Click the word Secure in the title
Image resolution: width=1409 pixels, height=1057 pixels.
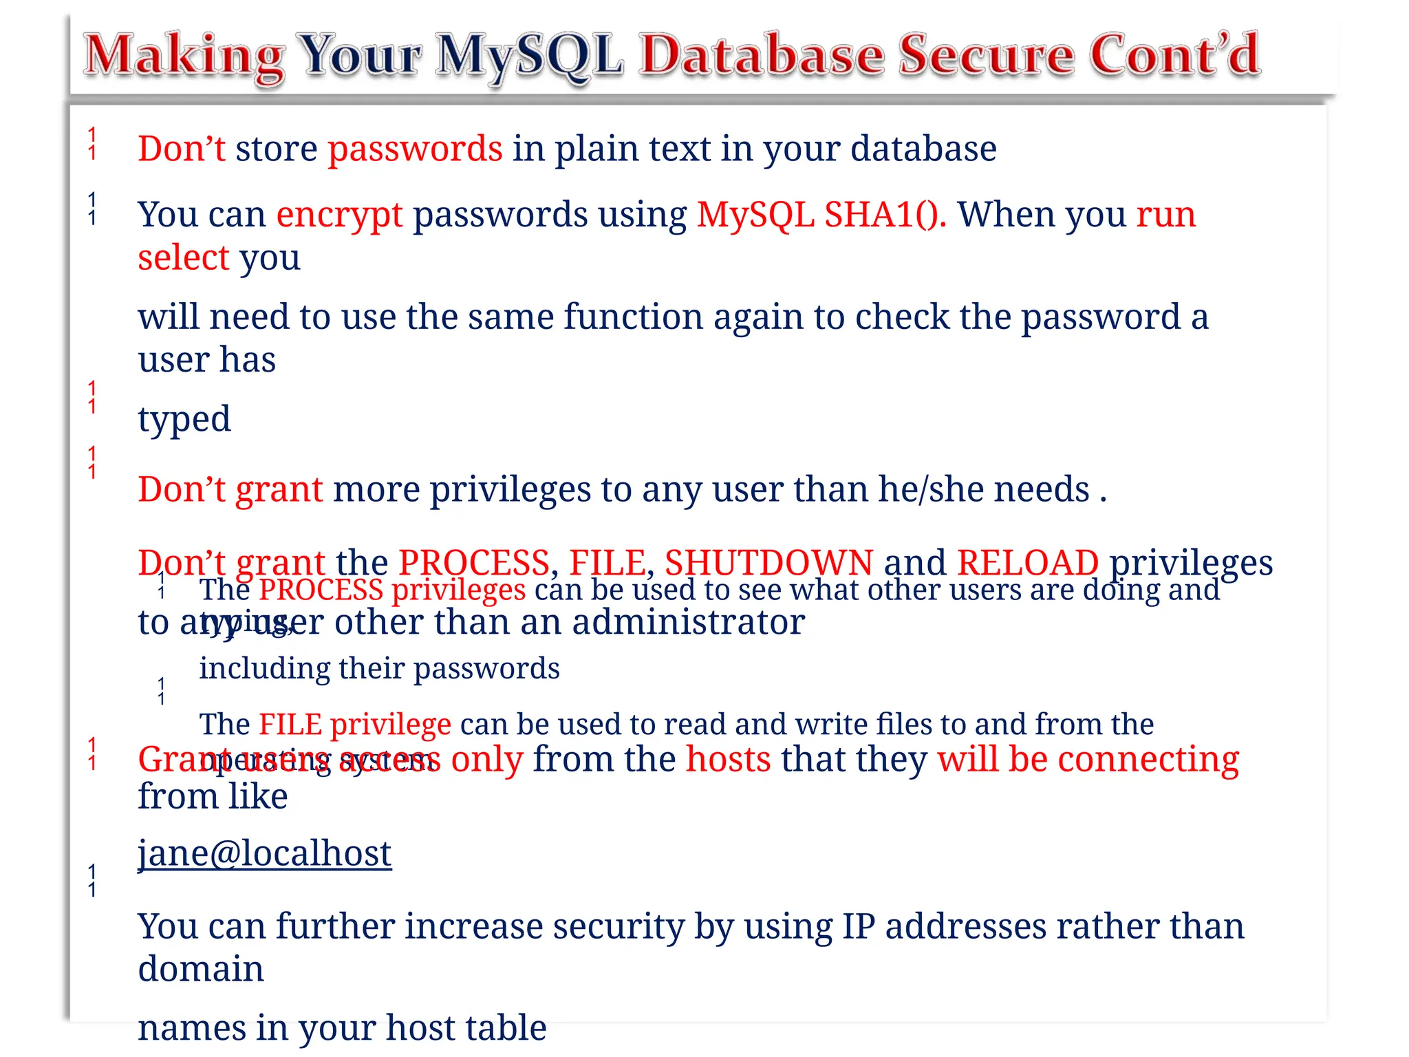[985, 55]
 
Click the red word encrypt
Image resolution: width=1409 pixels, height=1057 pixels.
[339, 215]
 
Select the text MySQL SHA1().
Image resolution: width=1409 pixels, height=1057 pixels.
[821, 215]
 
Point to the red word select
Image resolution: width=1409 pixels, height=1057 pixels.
[183, 258]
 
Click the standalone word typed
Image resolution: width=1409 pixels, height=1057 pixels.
[184, 419]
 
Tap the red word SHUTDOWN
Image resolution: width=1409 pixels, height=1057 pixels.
[768, 563]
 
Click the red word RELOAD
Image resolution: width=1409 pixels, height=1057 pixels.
[1027, 563]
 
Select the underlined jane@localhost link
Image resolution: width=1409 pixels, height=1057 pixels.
[265, 853]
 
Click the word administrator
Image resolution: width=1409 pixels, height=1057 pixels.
[688, 622]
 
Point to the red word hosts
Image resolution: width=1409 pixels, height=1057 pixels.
[728, 760]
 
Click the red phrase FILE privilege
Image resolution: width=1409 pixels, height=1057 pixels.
[355, 725]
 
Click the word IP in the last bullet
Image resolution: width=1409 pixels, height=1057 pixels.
[858, 926]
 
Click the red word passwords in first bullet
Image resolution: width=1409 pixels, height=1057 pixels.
[415, 149]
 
